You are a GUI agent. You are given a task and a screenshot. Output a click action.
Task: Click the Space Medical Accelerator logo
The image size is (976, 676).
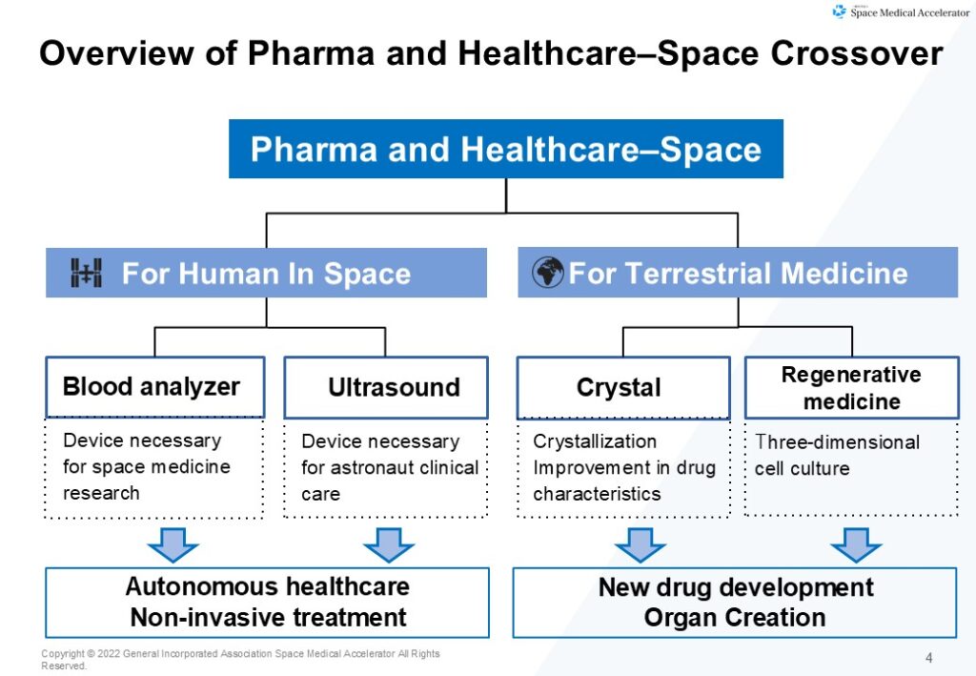pyautogui.click(x=900, y=11)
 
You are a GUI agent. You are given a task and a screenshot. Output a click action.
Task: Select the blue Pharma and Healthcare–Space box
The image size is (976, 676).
pyautogui.click(x=505, y=149)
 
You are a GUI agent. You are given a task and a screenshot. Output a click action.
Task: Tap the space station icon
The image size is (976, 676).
pyautogui.click(x=86, y=273)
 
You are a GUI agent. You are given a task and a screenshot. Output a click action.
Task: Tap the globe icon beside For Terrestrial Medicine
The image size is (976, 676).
pyautogui.click(x=548, y=272)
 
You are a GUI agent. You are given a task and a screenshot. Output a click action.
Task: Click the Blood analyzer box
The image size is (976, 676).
pyautogui.click(x=155, y=386)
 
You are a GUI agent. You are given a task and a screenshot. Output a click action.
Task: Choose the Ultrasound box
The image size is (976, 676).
pyautogui.click(x=386, y=387)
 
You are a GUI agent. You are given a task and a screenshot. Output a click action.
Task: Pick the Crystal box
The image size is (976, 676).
pyautogui.click(x=623, y=387)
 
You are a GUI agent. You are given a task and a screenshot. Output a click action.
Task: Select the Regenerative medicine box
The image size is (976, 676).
pyautogui.click(x=851, y=387)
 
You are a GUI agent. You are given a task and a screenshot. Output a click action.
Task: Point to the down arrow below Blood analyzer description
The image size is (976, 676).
pyautogui.click(x=173, y=545)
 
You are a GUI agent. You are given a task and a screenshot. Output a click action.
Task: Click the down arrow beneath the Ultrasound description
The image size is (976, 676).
pyautogui.click(x=389, y=545)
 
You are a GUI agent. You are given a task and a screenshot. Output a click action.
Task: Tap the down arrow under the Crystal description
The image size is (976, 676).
pyautogui.click(x=640, y=545)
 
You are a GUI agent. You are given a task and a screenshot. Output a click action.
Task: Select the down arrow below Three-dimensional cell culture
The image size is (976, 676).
pyautogui.click(x=856, y=545)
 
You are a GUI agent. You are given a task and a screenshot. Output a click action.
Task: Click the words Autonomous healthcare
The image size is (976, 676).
pyautogui.click(x=268, y=586)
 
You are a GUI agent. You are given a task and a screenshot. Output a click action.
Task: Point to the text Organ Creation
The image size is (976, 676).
pyautogui.click(x=735, y=618)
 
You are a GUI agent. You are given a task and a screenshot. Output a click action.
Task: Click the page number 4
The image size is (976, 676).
pyautogui.click(x=928, y=658)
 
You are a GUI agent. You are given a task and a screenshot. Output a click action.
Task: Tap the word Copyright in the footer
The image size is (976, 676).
pyautogui.click(x=63, y=653)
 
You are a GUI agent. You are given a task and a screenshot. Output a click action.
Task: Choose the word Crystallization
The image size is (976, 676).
pyautogui.click(x=595, y=441)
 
